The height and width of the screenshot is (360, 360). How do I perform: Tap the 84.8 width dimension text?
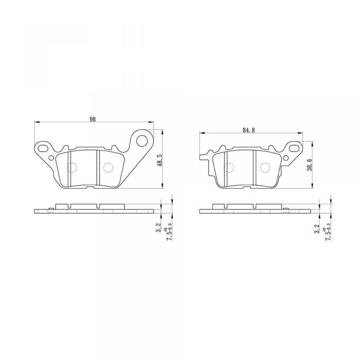point(249,130)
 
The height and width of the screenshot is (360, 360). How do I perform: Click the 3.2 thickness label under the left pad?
point(159,227)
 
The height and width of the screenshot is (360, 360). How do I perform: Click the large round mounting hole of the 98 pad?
point(142,140)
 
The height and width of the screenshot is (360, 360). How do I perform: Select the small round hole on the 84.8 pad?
point(286,157)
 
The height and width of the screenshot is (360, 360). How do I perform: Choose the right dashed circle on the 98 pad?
point(108,168)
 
